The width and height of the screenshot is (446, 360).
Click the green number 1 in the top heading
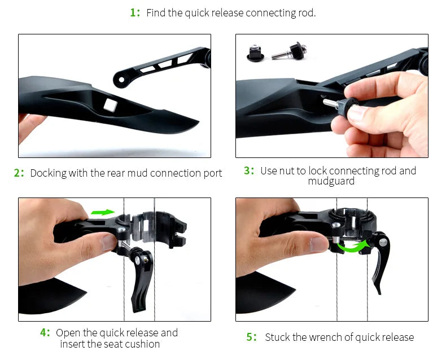[133, 12]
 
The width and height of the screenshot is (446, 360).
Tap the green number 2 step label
[18, 173]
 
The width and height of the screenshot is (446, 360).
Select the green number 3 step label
[248, 170]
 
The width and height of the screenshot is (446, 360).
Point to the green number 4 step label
[44, 332]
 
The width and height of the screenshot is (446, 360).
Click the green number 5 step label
[251, 337]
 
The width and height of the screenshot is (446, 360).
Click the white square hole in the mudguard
[110, 103]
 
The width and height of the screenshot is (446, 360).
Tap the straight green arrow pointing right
[103, 212]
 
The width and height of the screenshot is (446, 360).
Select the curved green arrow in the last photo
[351, 245]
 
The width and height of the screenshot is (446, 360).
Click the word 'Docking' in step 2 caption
[48, 173]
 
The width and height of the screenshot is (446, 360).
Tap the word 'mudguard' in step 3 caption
[331, 181]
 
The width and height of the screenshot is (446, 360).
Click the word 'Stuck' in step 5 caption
[277, 337]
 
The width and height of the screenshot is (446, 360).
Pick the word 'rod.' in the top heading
[306, 12]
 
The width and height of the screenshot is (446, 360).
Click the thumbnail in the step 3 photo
[357, 114]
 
